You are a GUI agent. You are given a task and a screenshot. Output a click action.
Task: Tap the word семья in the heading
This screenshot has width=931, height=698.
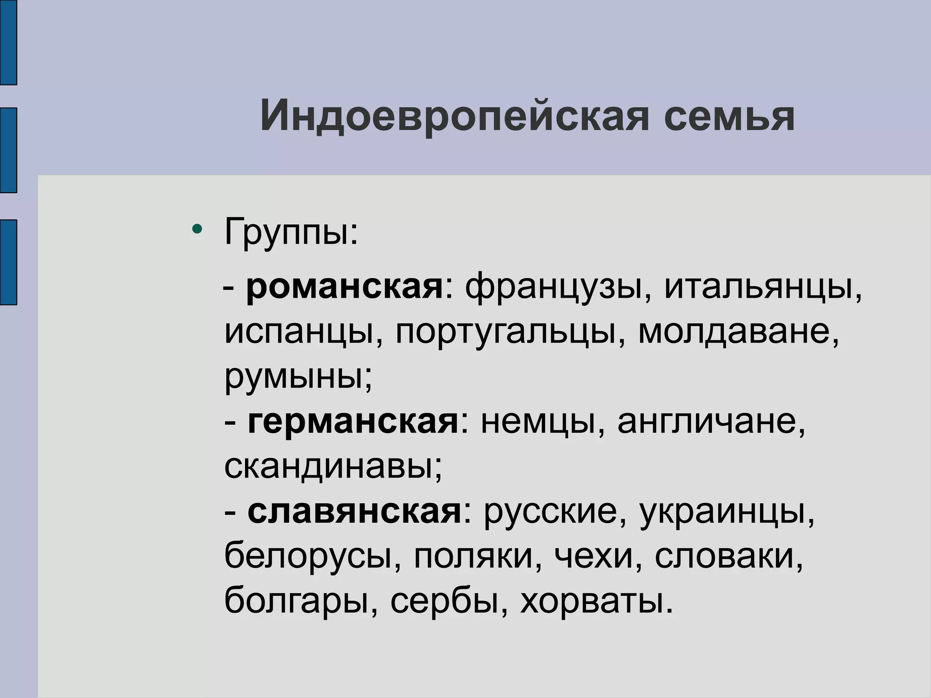click(x=729, y=116)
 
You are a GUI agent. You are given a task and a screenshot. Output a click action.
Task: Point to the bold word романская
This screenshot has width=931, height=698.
click(x=344, y=287)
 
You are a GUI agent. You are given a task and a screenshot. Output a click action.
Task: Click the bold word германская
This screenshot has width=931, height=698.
click(x=353, y=421)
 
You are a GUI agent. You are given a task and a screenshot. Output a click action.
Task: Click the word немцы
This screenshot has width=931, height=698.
click(x=538, y=422)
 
